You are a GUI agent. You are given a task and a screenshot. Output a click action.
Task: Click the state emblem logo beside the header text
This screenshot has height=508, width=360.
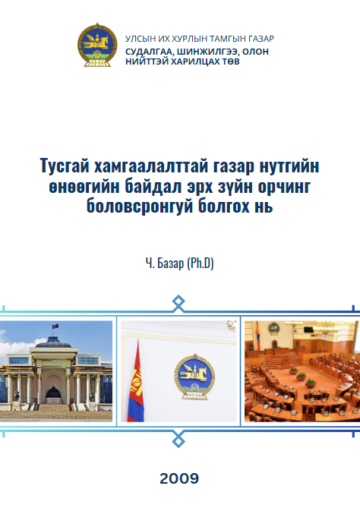(97, 45)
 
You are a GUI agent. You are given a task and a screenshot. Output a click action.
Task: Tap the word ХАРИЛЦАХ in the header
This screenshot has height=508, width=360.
(195, 62)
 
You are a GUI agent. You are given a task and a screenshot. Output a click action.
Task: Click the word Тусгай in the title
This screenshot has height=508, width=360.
(65, 166)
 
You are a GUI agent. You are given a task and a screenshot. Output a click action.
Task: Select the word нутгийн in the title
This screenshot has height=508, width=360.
(289, 166)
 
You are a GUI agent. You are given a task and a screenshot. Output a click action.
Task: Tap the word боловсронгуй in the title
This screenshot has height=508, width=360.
(139, 207)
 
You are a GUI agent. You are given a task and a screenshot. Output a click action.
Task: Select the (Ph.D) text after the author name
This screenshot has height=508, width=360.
(201, 263)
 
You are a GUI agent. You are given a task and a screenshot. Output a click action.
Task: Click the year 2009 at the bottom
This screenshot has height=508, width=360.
(179, 478)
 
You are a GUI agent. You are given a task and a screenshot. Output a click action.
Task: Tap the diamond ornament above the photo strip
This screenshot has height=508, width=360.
(178, 303)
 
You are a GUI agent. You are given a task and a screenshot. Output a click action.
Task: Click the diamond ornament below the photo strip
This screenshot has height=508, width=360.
(178, 440)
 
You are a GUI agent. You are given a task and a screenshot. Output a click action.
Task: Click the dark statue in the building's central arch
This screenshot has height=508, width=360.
(53, 393)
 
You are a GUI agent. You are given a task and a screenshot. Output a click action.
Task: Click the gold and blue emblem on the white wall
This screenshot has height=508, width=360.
(194, 377)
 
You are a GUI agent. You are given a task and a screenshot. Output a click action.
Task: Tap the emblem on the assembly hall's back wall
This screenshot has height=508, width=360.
(273, 329)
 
